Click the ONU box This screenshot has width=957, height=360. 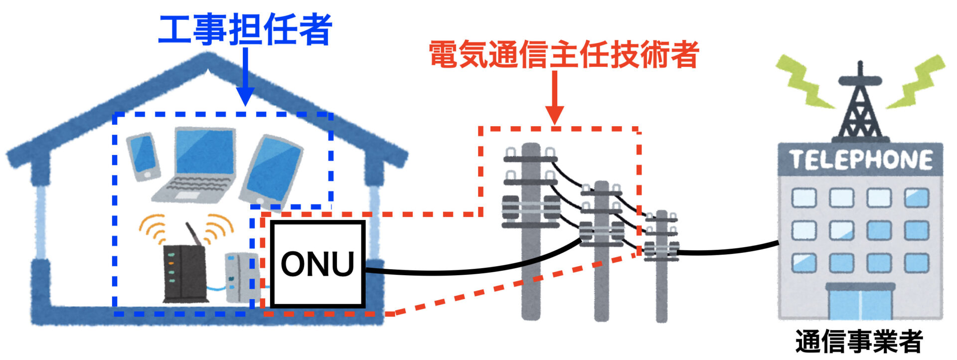click(318, 264)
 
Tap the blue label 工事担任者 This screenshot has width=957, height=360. click(245, 30)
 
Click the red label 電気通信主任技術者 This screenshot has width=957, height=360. click(564, 54)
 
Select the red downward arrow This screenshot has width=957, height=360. click(554, 100)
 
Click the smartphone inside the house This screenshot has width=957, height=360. click(144, 156)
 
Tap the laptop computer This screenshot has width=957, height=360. click(199, 165)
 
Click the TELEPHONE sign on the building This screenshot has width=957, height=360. click(861, 160)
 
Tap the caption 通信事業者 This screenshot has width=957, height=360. click(859, 342)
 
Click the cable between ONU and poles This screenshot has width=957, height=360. click(474, 270)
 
